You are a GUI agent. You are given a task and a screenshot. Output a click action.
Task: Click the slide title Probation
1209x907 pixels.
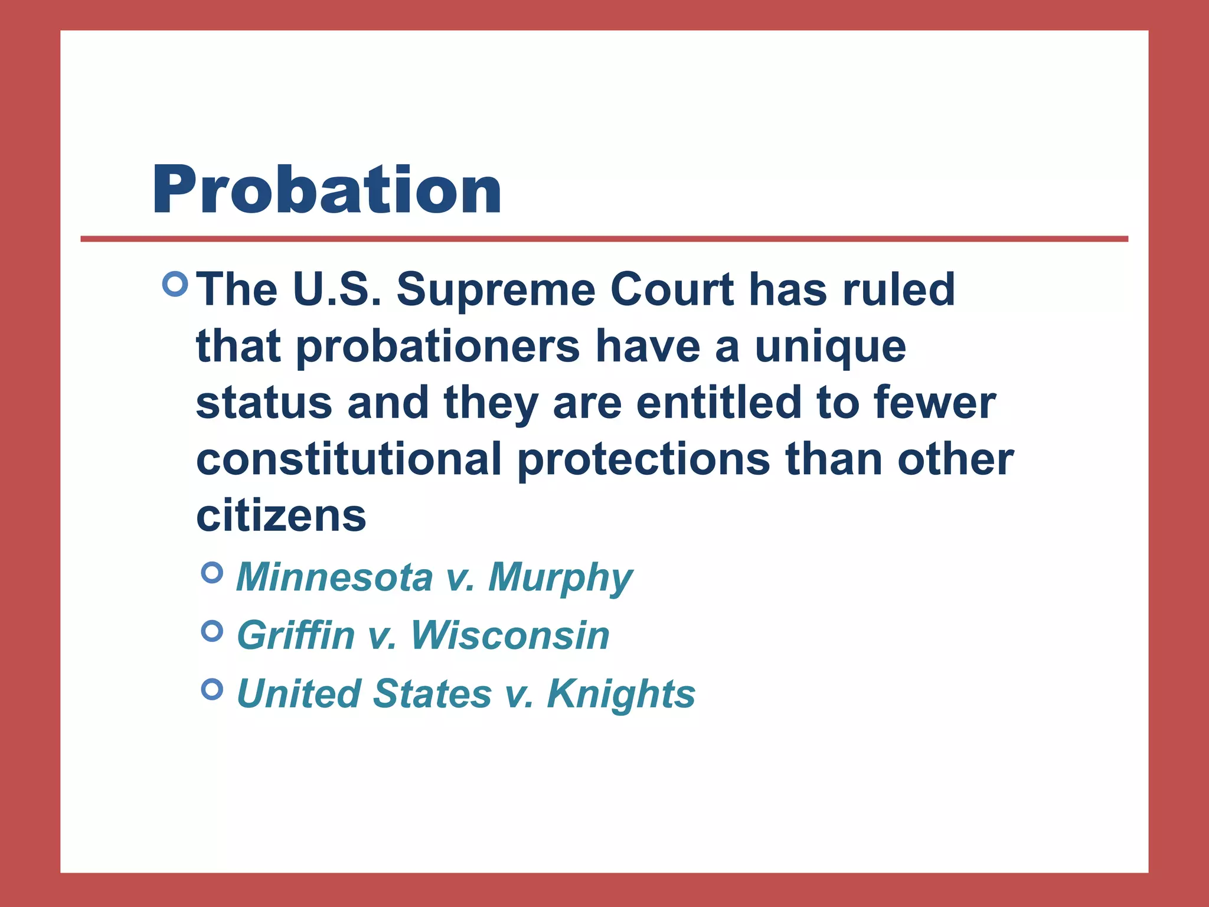pyautogui.click(x=326, y=190)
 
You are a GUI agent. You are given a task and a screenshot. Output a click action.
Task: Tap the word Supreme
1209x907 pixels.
pyautogui.click(x=495, y=290)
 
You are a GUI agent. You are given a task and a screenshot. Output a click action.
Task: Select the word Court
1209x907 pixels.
pyautogui.click(x=672, y=290)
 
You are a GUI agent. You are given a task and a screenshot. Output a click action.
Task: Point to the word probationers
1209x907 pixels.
pyautogui.click(x=437, y=348)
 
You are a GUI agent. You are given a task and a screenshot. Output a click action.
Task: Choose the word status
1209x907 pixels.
pyautogui.click(x=264, y=403)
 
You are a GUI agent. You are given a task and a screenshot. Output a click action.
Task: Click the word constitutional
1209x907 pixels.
pyautogui.click(x=349, y=460)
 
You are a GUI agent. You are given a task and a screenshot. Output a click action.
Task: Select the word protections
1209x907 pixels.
pyautogui.click(x=643, y=460)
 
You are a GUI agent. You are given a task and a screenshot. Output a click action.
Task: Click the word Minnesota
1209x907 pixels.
pyautogui.click(x=334, y=577)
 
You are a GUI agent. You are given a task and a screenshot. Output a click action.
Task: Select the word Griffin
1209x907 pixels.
pyautogui.click(x=296, y=635)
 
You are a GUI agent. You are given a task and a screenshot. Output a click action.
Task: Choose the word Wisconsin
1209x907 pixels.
pyautogui.click(x=510, y=635)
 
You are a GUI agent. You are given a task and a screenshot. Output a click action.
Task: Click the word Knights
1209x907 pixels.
pyautogui.click(x=621, y=694)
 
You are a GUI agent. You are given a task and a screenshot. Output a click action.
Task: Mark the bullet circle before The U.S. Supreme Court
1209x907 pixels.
pyautogui.click(x=175, y=284)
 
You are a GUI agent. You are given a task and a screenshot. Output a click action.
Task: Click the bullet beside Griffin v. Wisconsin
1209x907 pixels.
pyautogui.click(x=212, y=631)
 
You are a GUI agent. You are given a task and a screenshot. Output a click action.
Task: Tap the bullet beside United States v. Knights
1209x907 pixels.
pyautogui.click(x=212, y=689)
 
